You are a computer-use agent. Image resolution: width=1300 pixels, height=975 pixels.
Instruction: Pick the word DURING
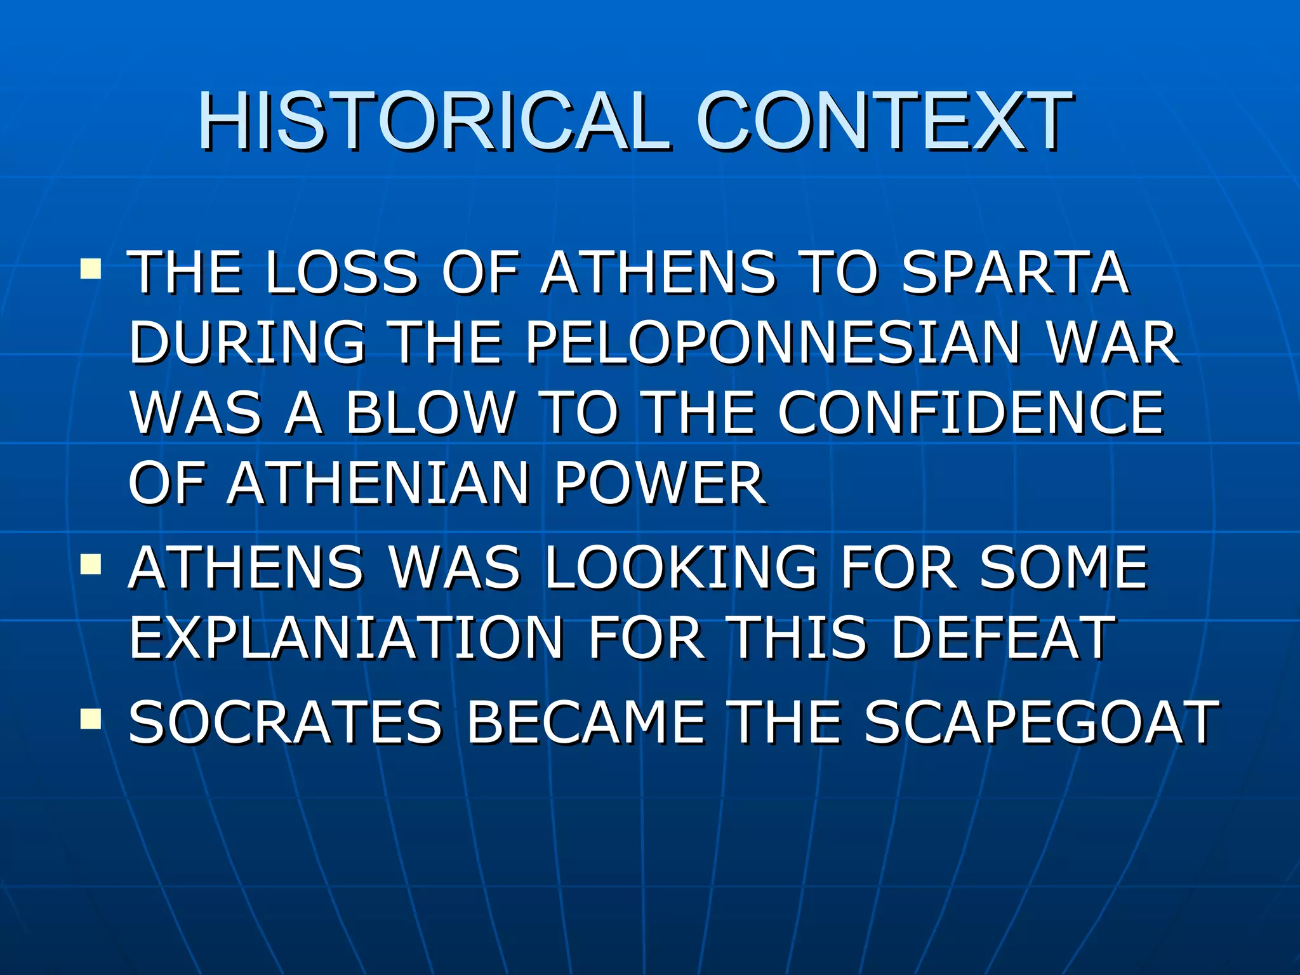[x=248, y=343]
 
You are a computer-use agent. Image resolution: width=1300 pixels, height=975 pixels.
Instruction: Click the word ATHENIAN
[x=378, y=483]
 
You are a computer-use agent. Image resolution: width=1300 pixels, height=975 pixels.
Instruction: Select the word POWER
[x=660, y=483]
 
